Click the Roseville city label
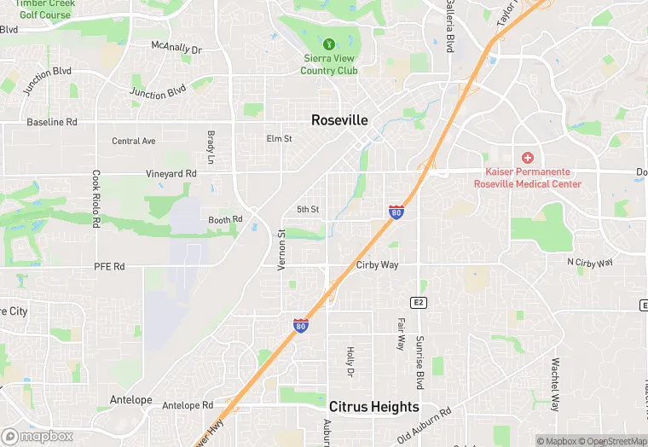tap(339, 120)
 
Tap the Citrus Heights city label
tap(373, 407)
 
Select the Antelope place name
tap(130, 399)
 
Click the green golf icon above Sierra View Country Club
tap(329, 43)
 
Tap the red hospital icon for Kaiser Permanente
tap(528, 158)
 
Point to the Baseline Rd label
tap(51, 122)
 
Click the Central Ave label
tap(134, 141)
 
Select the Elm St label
tap(279, 138)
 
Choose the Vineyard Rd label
tap(171, 173)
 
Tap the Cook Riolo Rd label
tap(96, 197)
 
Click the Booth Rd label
tap(225, 220)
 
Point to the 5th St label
tap(308, 209)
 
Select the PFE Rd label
tap(109, 267)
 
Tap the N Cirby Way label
tap(590, 263)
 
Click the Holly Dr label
tap(350, 362)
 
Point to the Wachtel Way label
tap(555, 385)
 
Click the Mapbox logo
tap(38, 436)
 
